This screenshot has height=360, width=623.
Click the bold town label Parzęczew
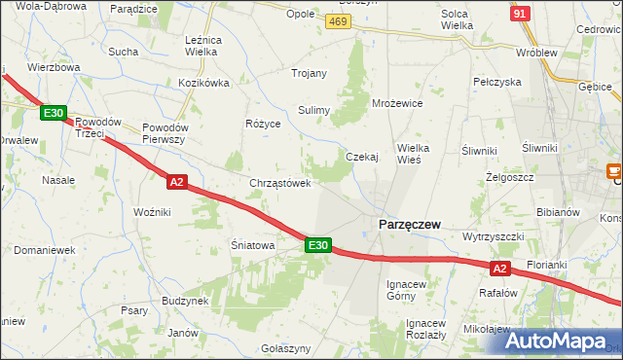408,225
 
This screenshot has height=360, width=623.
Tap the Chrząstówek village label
280,183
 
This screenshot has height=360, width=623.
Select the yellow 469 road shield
338,20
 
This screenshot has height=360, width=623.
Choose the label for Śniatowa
252,246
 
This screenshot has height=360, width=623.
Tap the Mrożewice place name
397,102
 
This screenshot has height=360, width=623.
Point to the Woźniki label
152,211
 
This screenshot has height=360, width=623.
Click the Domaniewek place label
45,250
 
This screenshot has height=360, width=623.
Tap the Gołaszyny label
286,348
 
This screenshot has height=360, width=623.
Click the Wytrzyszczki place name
494,236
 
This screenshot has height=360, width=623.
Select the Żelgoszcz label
504,179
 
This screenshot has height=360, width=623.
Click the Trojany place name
309,73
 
